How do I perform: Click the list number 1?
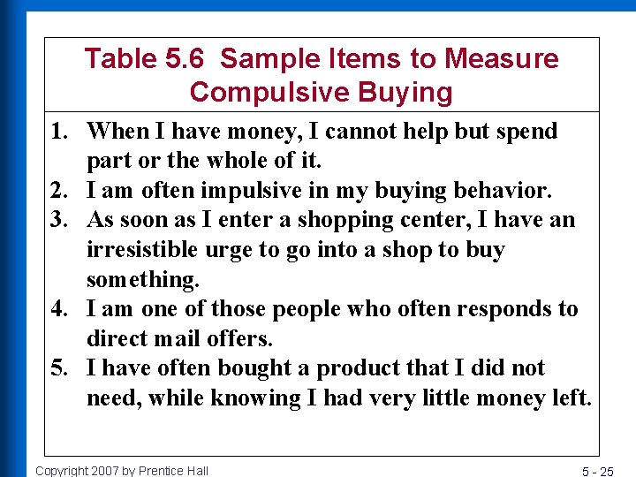pos(62,132)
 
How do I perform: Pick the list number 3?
pos(62,220)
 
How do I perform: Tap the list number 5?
pos(62,368)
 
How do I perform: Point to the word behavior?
pos(504,191)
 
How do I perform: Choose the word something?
pos(143,280)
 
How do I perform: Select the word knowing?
pos(256,398)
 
